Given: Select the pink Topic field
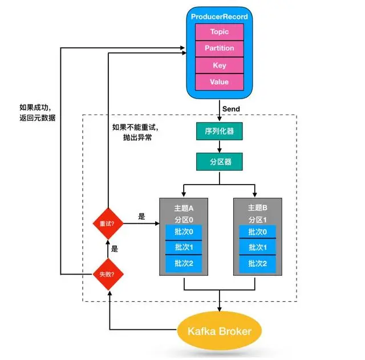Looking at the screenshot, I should coord(220,32).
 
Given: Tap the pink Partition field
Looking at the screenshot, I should coord(220,48).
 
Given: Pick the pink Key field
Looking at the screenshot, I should coord(220,66).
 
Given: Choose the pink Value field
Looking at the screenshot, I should coord(220,82).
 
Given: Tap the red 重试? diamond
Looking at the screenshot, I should coord(108,223).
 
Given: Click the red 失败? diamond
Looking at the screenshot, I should coord(108,274).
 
